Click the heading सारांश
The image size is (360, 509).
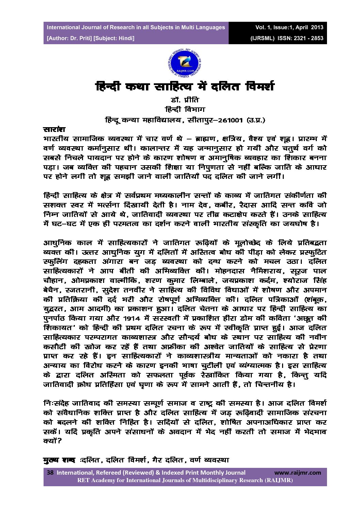54,129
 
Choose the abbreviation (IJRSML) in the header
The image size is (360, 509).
262,38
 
